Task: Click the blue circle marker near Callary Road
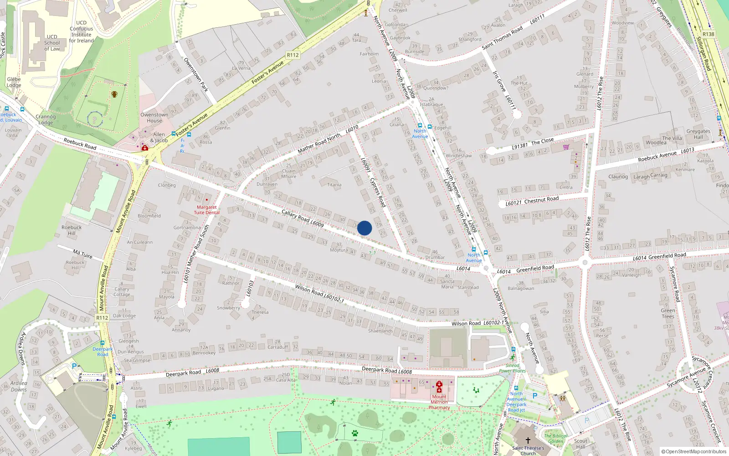[364, 228]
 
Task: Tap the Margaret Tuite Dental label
[206, 210]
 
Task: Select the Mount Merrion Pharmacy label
[439, 402]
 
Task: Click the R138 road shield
[708, 34]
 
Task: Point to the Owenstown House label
[154, 118]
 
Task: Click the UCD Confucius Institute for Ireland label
[82, 31]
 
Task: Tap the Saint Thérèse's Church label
[528, 451]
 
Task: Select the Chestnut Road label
[541, 200]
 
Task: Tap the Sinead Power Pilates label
[513, 368]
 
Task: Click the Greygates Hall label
[698, 134]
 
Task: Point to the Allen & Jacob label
[159, 137]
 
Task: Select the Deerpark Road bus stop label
[103, 352]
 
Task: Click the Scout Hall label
[580, 444]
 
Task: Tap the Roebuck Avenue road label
[657, 156]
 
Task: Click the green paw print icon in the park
[355, 433]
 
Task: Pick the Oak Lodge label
[124, 316]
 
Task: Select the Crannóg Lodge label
[46, 119]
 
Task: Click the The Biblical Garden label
[556, 438]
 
